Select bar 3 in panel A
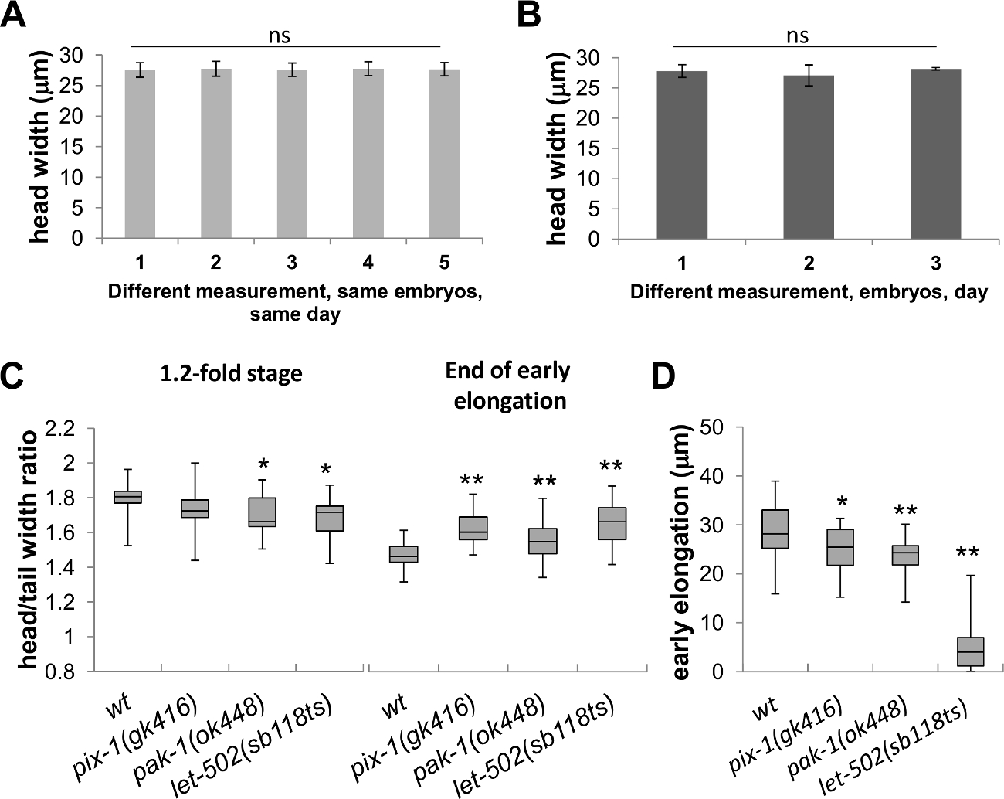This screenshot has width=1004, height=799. click(x=292, y=154)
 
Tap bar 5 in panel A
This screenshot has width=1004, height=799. click(x=443, y=154)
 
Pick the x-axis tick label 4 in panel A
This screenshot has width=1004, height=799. click(x=368, y=263)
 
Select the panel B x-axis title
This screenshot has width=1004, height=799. click(x=809, y=293)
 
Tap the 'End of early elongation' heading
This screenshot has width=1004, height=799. click(x=507, y=386)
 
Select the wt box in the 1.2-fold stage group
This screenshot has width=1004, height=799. click(x=127, y=496)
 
